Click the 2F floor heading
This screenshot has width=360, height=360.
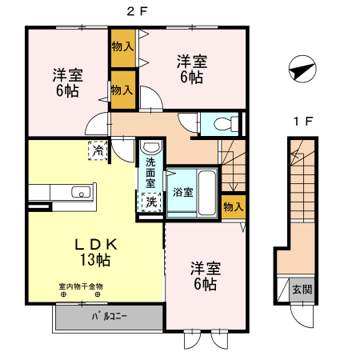(x=138, y=12)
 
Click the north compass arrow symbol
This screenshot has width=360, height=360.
(x=298, y=70)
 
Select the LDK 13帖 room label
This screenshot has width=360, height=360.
(x=94, y=251)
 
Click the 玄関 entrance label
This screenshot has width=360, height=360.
(x=302, y=290)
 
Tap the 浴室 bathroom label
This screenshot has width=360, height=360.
(x=182, y=192)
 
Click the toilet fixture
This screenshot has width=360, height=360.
(x=225, y=123)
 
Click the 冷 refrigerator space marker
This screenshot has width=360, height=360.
(x=97, y=150)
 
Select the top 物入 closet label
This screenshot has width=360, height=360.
(x=122, y=48)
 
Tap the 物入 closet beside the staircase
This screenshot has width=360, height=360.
(x=232, y=206)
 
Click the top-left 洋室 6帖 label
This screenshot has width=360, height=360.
(x=66, y=83)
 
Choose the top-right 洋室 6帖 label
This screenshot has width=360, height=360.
(x=192, y=69)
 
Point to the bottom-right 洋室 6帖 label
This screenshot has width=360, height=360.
(x=204, y=276)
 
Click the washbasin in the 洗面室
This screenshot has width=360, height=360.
(x=150, y=148)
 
